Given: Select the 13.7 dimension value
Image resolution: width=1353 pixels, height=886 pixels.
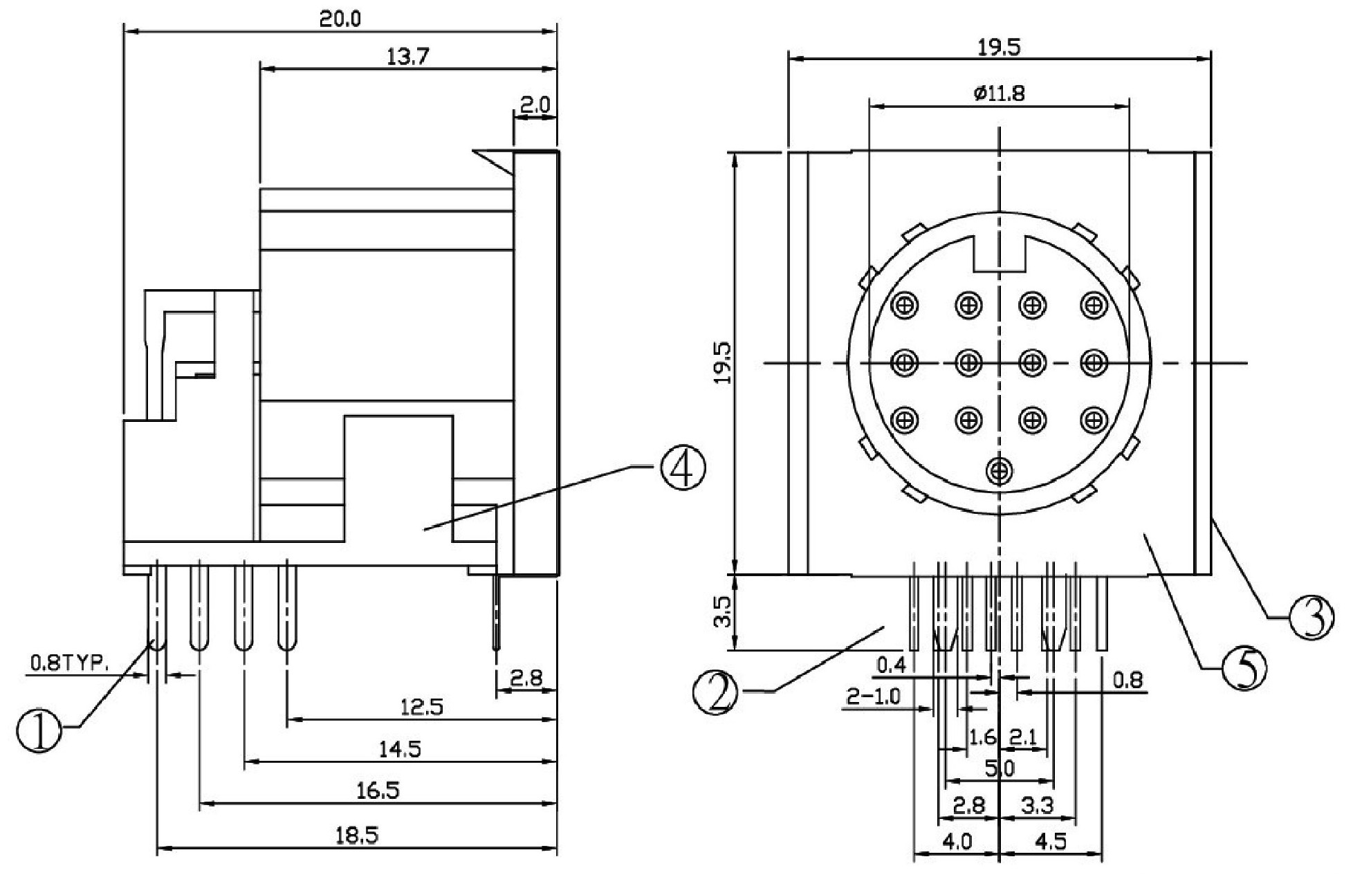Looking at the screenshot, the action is pos(407,57).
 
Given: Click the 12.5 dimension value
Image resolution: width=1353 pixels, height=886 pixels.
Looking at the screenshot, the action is pos(422,706).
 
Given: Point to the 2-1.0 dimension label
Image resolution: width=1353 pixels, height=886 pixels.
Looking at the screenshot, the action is pos(874,696).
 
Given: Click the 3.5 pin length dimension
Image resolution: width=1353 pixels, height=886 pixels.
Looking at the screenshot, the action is pos(721,612).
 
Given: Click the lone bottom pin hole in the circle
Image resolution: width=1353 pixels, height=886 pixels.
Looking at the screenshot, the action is pos(999,472).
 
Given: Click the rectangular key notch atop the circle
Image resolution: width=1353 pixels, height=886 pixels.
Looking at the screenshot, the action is pos(1000,254).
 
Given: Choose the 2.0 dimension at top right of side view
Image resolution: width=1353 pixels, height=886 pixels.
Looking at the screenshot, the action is pos(534,104).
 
